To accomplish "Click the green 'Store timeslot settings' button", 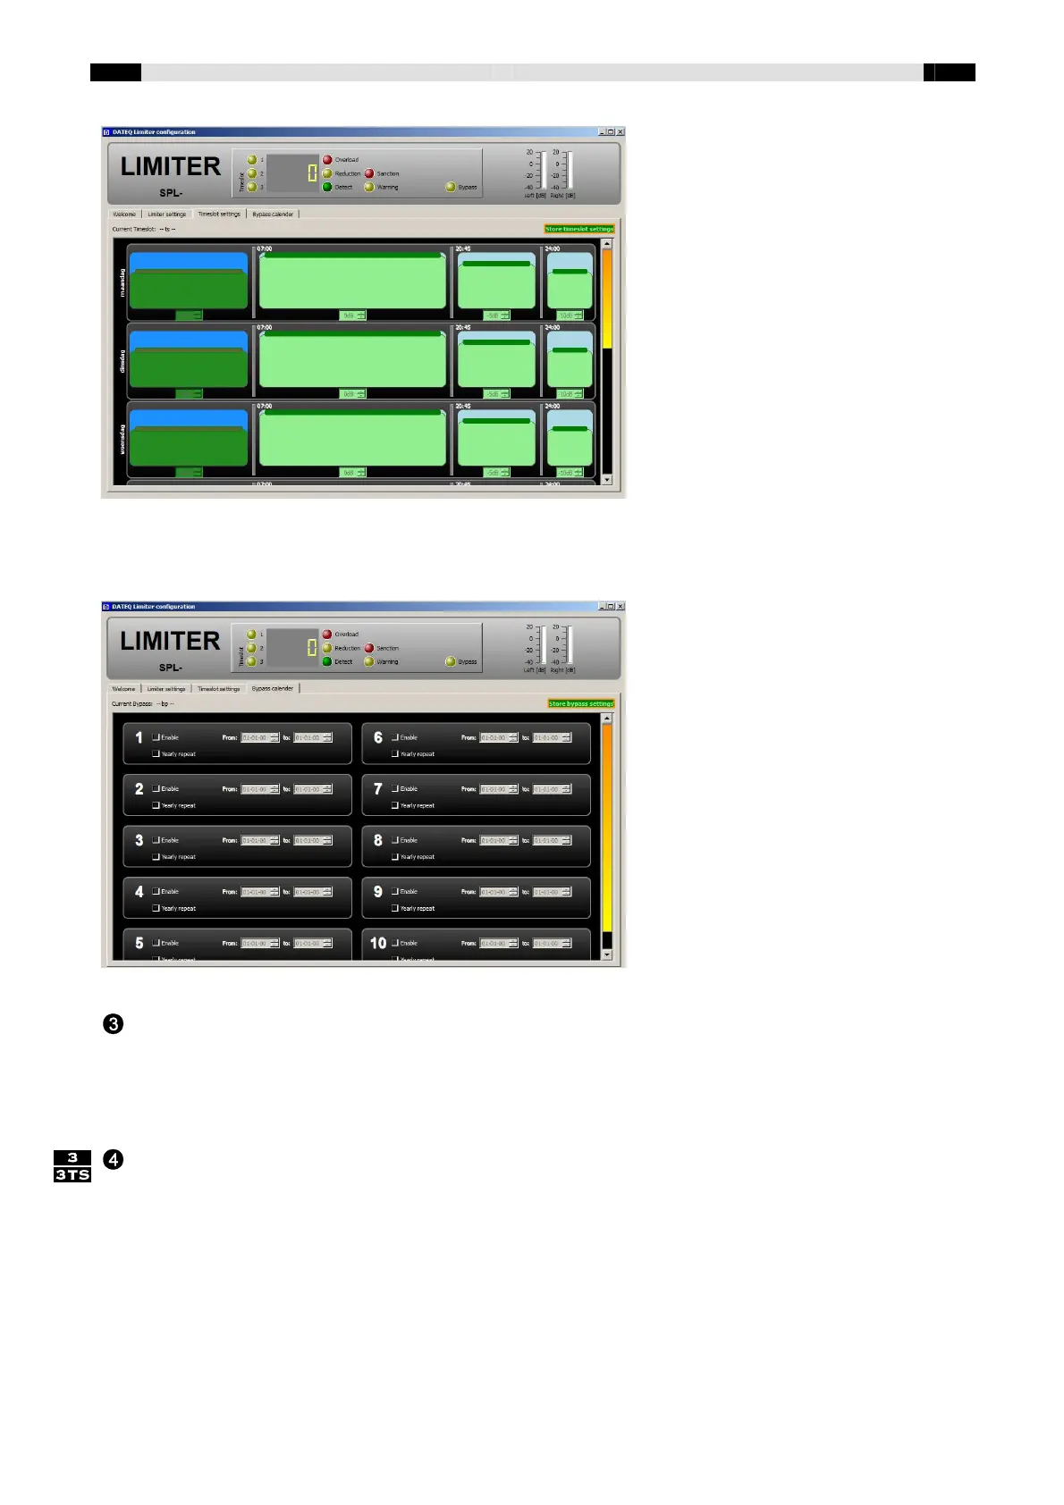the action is [579, 230].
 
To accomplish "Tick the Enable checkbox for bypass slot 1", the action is [156, 737].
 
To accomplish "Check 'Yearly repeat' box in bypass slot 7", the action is [395, 805].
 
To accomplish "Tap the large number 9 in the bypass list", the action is [378, 892].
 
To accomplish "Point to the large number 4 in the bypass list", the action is [139, 892].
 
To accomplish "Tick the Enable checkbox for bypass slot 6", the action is [395, 737].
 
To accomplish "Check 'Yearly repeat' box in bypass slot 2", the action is [156, 805].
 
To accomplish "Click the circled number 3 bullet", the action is [114, 1024].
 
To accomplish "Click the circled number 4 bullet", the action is [114, 1159].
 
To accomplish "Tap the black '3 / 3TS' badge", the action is [72, 1166].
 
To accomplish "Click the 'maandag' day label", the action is [122, 282].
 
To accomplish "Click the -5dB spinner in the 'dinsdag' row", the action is [496, 394].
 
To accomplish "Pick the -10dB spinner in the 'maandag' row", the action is [570, 315].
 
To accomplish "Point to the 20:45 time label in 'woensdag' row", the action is [463, 407].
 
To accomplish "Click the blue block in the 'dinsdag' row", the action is [189, 340].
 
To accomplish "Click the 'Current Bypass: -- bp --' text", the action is [143, 704].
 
